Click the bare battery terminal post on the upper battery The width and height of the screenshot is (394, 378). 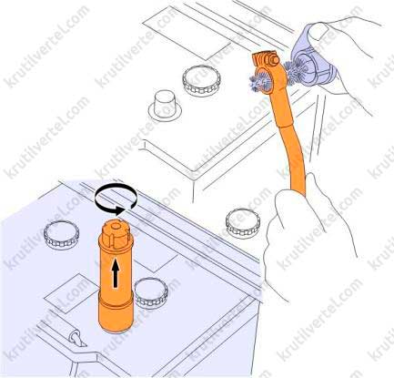[165, 105]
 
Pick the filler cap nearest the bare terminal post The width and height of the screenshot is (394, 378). [201, 80]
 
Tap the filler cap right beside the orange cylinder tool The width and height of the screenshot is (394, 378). [151, 292]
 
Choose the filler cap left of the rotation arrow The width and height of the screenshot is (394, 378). [62, 235]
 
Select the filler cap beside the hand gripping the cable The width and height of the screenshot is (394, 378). [243, 222]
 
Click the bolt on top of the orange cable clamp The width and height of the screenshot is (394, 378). [274, 60]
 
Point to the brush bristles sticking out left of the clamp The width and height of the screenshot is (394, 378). [258, 83]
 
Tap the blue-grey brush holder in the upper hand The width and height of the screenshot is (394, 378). [313, 59]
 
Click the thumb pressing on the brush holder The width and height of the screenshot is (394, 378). [318, 31]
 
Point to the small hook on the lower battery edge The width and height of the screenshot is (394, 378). [76, 338]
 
